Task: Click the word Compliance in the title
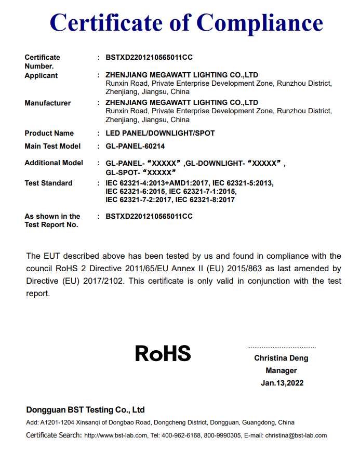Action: (260, 22)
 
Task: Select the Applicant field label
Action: (41, 75)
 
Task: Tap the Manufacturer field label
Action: (48, 103)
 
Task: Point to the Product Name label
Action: (49, 133)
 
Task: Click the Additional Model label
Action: (54, 163)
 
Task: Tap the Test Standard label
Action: (48, 183)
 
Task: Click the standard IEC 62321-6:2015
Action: (135, 191)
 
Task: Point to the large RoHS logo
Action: (163, 353)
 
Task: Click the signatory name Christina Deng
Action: (281, 358)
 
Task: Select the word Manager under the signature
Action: (281, 370)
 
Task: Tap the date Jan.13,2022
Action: (282, 383)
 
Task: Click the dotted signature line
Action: (281, 347)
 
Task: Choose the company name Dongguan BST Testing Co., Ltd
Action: (85, 409)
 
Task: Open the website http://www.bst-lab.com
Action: (115, 435)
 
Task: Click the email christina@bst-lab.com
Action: (296, 435)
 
